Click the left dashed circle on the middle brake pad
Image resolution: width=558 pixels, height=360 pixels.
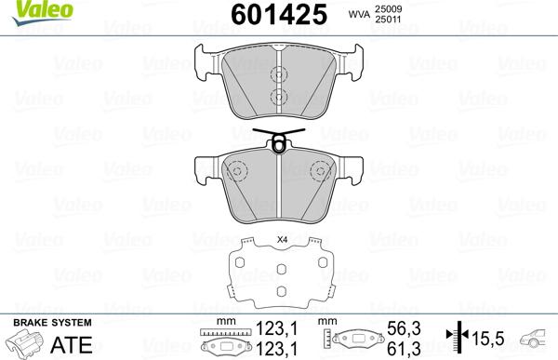pos(238,172)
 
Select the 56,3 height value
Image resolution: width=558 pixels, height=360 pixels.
pos(397,328)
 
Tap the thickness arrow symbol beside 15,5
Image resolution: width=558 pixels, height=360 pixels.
pos(455,337)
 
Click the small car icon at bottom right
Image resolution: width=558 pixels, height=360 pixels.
pos(538,337)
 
